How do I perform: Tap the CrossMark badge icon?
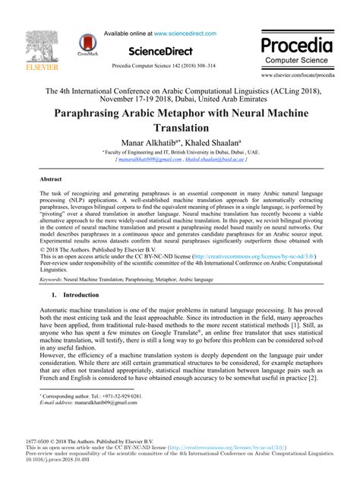coord(89,47)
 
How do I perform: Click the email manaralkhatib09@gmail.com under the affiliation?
coord(145,161)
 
